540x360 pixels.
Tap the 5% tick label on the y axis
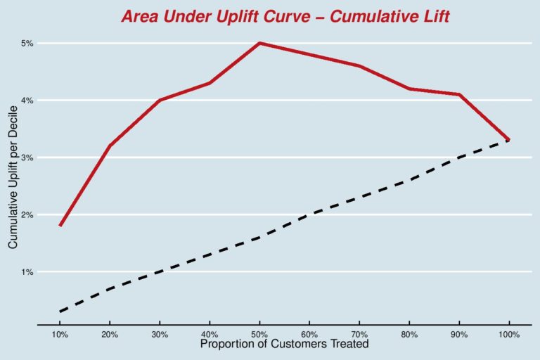point(27,44)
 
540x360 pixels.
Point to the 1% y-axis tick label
point(27,271)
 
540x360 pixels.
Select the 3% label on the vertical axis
point(27,157)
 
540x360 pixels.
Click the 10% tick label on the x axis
point(60,334)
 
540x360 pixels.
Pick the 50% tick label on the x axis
point(260,334)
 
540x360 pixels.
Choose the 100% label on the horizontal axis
point(508,334)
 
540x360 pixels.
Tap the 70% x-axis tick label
point(360,334)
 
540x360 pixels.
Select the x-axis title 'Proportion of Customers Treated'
point(284,345)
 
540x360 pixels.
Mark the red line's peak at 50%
point(260,43)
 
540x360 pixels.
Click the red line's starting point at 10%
point(60,225)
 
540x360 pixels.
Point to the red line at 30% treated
point(160,100)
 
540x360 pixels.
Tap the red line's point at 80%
point(409,89)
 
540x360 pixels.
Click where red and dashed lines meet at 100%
point(508,140)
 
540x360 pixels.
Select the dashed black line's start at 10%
point(60,311)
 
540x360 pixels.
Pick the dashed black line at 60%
point(310,214)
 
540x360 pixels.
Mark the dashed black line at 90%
point(459,157)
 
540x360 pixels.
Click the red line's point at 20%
point(110,146)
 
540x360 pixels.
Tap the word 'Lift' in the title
point(435,16)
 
